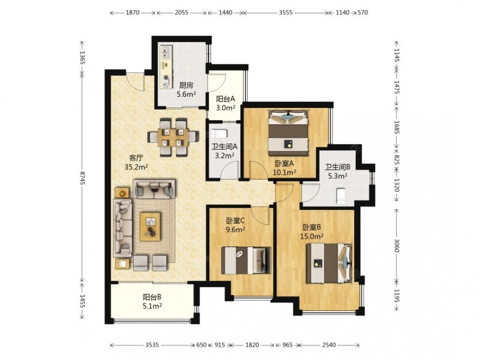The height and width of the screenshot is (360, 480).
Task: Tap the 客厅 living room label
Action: tap(136, 158)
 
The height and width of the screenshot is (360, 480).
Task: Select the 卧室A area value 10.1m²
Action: tap(284, 172)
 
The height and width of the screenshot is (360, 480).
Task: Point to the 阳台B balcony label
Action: tap(152, 297)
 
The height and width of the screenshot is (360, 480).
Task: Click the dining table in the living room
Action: tap(173, 137)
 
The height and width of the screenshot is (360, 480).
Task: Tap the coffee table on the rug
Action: tap(150, 227)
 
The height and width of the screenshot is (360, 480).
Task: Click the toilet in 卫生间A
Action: tap(219, 134)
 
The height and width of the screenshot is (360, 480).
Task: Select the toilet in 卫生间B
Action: tap(341, 196)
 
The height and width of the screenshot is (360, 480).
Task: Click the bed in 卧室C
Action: tap(246, 261)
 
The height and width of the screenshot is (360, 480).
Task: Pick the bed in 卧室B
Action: tap(329, 263)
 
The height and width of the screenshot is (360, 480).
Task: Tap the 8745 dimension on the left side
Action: tap(82, 178)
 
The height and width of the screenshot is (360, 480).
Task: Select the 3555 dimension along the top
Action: tap(286, 12)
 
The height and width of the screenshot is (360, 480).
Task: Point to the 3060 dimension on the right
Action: tap(397, 245)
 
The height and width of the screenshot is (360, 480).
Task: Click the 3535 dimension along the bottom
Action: tap(152, 345)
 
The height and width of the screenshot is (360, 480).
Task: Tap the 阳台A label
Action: tap(225, 99)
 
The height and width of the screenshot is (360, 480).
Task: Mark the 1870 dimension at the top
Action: tap(132, 12)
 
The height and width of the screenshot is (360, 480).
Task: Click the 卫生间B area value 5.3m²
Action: tap(337, 176)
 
